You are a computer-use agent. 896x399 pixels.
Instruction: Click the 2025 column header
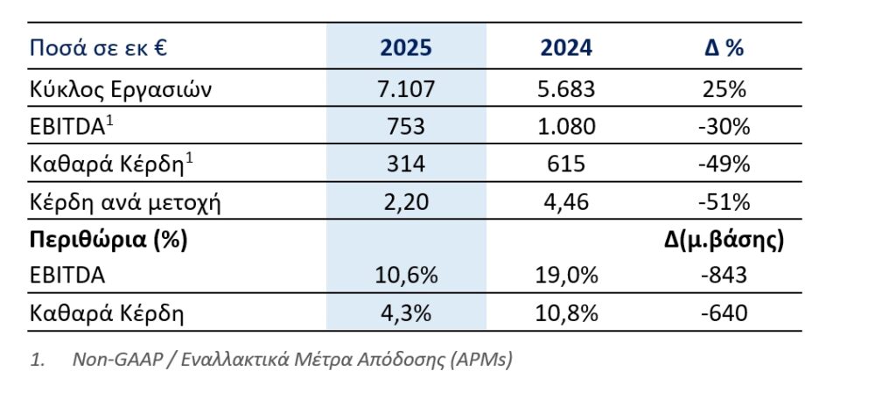pos(406,47)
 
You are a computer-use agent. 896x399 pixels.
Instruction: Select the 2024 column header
pos(566,47)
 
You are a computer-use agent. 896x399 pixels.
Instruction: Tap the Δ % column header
pos(724,47)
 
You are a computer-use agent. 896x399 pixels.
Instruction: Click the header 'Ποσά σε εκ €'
pos(98,47)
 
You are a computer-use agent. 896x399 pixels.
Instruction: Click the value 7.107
pos(406,88)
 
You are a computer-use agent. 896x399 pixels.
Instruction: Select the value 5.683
pos(566,88)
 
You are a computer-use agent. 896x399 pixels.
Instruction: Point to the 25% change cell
pos(724,88)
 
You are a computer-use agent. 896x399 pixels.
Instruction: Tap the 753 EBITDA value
pos(406,127)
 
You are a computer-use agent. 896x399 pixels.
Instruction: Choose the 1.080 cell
pos(566,127)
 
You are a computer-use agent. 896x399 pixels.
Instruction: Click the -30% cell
pos(724,127)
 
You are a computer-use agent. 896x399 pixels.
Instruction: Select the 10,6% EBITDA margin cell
pos(406,276)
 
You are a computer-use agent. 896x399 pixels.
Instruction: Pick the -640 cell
pos(724,312)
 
